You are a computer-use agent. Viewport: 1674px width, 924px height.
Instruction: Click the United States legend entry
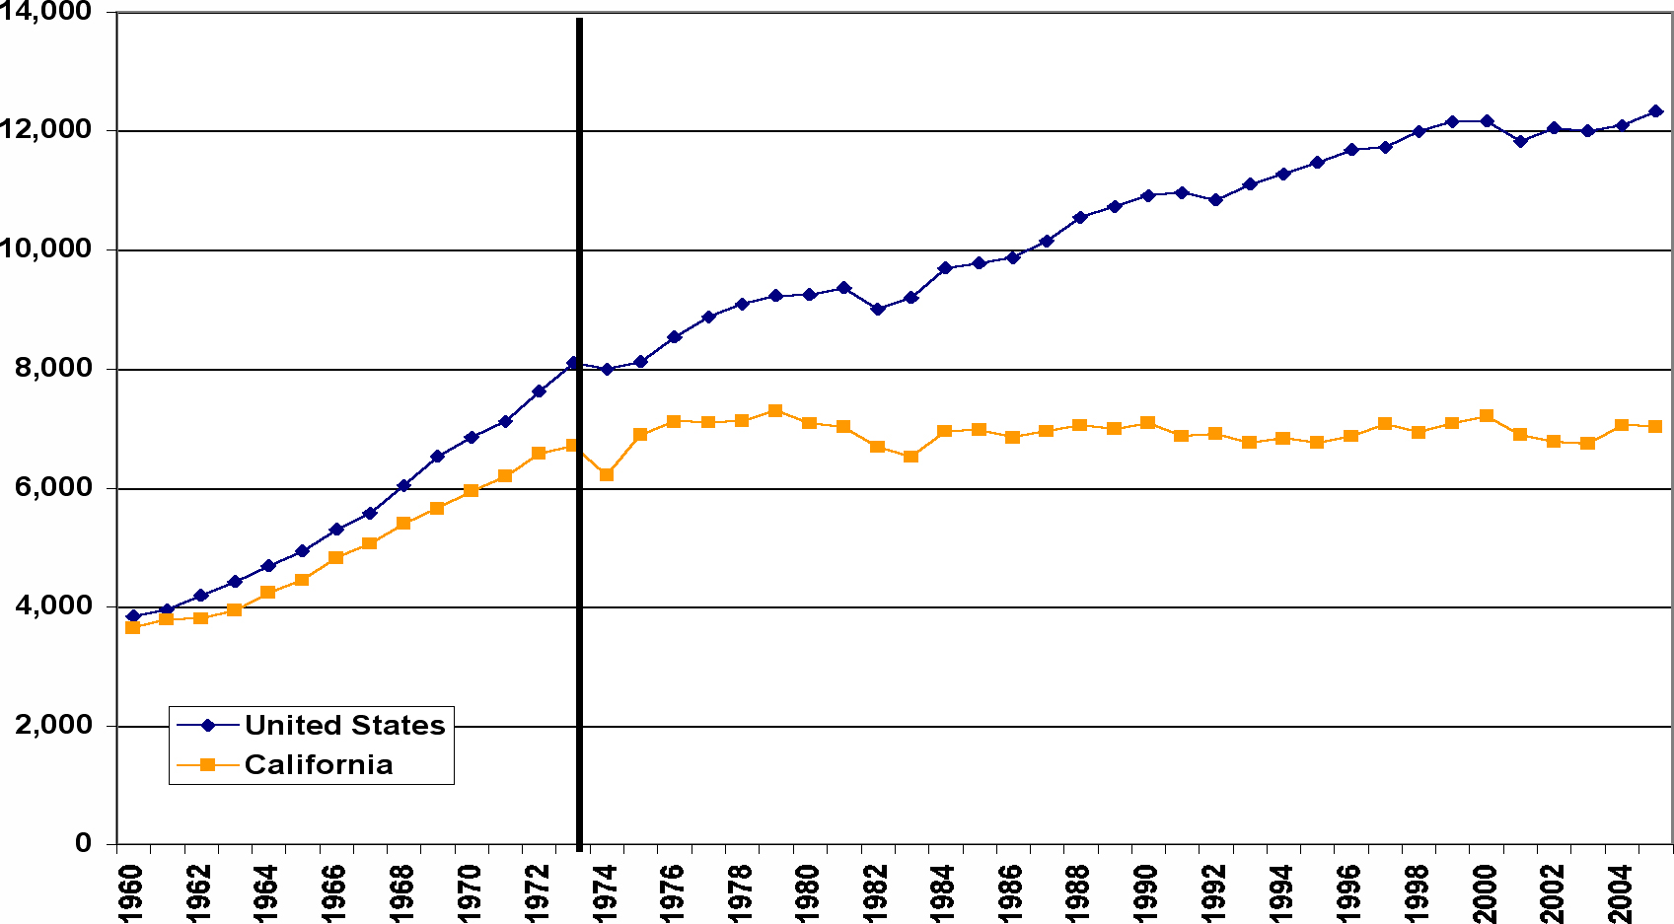click(344, 725)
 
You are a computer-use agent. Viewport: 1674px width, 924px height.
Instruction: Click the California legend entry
click(318, 764)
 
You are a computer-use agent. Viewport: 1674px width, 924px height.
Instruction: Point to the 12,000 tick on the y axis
click(59, 130)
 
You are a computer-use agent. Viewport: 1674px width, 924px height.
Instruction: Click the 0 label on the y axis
click(83, 843)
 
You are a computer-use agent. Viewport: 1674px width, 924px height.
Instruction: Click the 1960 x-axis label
click(131, 892)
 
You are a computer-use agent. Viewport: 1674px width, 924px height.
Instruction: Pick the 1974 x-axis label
click(605, 892)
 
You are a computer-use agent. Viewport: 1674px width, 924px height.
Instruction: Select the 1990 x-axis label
click(1146, 892)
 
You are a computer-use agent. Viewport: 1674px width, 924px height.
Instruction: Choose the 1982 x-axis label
click(876, 892)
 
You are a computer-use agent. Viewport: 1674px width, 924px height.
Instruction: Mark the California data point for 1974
click(607, 474)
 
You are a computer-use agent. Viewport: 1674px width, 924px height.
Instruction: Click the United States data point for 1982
click(877, 309)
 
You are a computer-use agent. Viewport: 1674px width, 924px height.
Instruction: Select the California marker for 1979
click(775, 410)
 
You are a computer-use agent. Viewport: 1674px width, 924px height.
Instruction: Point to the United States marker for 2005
click(1655, 111)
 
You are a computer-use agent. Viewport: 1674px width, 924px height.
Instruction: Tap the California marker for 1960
click(133, 627)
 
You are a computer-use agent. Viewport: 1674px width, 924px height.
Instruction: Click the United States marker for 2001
click(1520, 141)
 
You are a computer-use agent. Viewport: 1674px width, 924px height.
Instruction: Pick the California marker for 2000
click(1487, 416)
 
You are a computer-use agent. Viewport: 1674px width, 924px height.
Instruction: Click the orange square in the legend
click(207, 764)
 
